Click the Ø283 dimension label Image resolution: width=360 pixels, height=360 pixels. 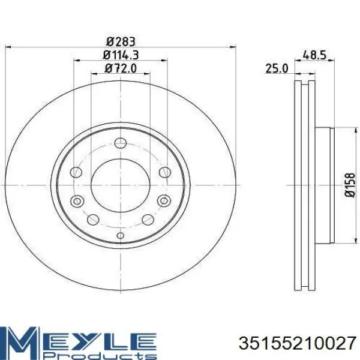coord(121,41)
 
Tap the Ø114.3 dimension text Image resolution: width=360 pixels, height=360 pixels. coord(121,55)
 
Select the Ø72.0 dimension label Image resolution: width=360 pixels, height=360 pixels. coord(121,68)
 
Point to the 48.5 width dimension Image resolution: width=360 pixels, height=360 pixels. coord(314,55)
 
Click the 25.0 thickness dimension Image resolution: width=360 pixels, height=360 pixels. coord(277,68)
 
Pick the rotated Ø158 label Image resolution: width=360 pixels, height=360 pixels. coord(350,185)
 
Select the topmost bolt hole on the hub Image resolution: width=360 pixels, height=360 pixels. coord(121,143)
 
